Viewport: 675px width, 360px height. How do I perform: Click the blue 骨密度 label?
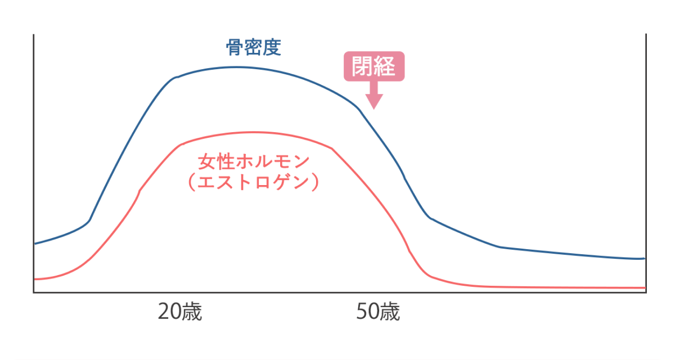(x=253, y=47)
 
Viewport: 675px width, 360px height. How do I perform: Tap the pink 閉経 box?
(x=374, y=67)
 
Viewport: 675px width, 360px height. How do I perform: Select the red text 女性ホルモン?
(x=254, y=161)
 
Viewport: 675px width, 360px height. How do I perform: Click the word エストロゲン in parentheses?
(x=254, y=183)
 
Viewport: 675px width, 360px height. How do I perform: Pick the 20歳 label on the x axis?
(x=179, y=312)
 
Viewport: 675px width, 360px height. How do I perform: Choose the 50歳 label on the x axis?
(x=378, y=312)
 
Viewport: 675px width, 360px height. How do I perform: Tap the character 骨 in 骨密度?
(x=235, y=47)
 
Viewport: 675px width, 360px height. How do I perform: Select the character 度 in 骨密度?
(x=272, y=47)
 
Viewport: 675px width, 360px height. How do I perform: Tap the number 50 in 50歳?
(x=367, y=312)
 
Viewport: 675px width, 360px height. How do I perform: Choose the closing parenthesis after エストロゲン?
(x=317, y=183)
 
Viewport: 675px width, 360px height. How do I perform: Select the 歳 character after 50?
(x=389, y=312)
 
